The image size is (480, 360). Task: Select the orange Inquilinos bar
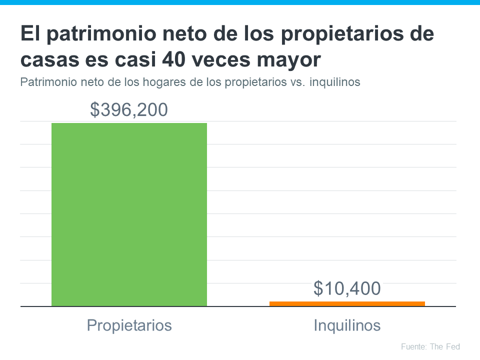[347, 303]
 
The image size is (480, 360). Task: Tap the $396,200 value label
[129, 109]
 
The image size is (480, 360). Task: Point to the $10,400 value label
[347, 288]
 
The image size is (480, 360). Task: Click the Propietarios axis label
[129, 325]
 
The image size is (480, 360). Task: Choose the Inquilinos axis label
[347, 325]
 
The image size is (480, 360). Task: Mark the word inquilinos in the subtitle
[335, 82]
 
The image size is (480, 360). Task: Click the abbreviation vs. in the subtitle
[298, 82]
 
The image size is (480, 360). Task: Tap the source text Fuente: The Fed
[430, 346]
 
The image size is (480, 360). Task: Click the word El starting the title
[28, 35]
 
